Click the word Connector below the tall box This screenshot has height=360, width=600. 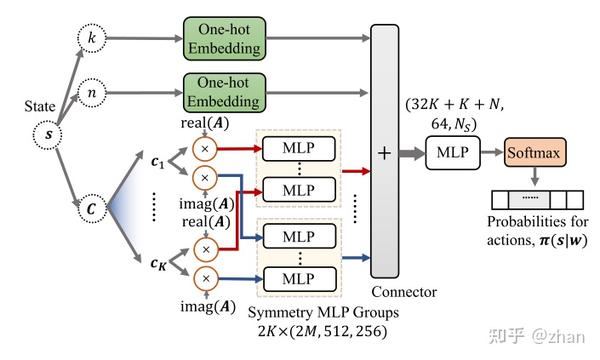(402, 292)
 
